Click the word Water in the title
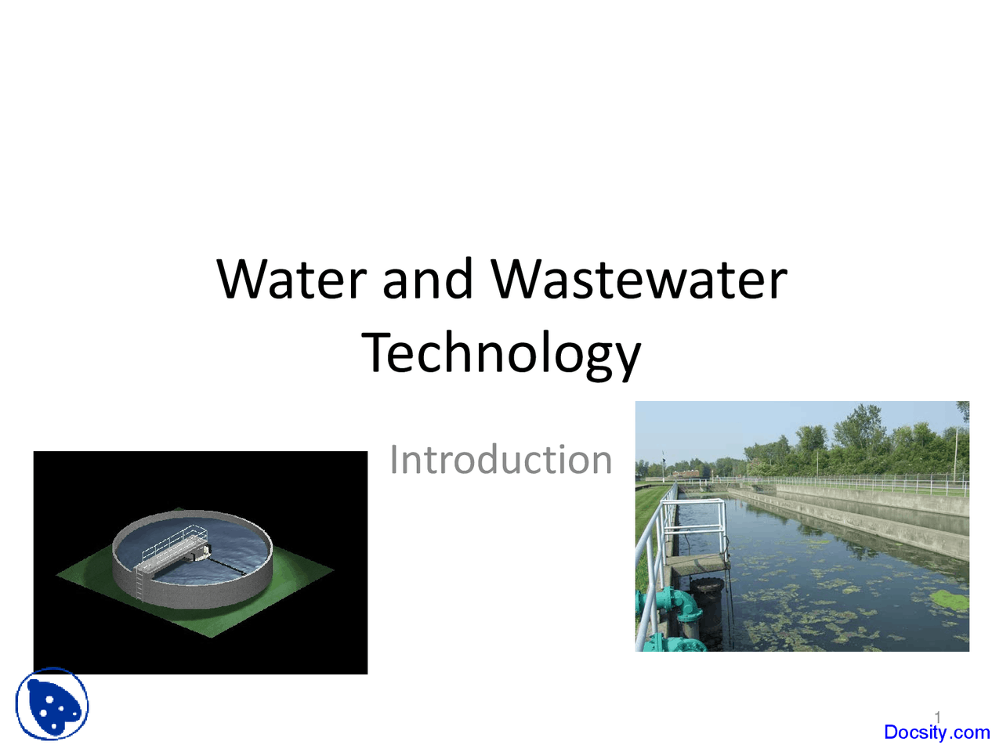click(x=291, y=280)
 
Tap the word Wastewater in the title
click(x=639, y=280)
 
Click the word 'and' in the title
click(x=427, y=280)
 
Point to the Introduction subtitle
click(x=501, y=460)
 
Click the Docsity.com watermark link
click(x=936, y=732)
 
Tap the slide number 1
click(x=937, y=716)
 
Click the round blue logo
click(x=52, y=703)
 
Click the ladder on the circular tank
click(x=140, y=583)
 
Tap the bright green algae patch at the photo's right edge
click(x=950, y=600)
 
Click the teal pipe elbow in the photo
click(x=677, y=602)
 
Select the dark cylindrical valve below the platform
click(x=707, y=598)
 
